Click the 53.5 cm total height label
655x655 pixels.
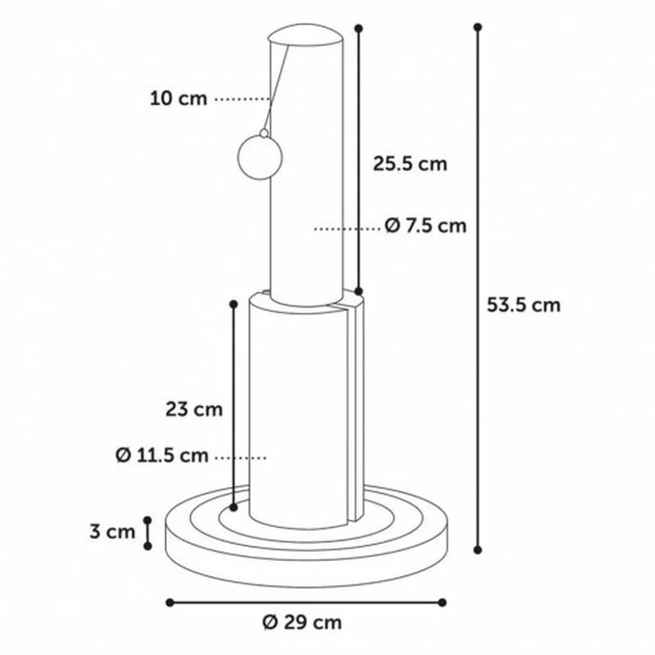click(523, 305)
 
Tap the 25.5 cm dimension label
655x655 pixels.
click(410, 164)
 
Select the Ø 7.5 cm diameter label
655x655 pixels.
click(425, 226)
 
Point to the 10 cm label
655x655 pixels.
click(178, 99)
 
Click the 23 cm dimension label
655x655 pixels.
click(194, 410)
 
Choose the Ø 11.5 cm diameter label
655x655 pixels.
click(162, 455)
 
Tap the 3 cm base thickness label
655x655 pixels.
click(113, 532)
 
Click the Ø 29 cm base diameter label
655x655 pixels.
click(302, 622)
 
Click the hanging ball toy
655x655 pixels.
click(259, 158)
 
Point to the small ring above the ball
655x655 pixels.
click(264, 134)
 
